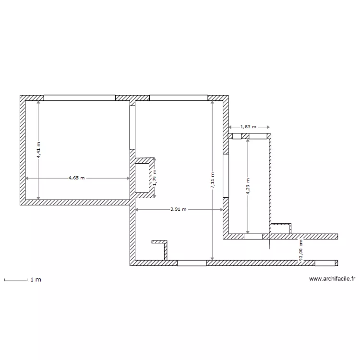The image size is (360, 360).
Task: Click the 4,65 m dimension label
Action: click(76, 178)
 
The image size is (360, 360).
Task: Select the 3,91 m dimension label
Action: click(179, 209)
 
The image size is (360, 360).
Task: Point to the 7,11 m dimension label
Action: click(213, 181)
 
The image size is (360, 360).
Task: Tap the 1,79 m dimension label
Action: click(155, 178)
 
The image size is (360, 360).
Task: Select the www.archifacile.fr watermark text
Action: click(332, 278)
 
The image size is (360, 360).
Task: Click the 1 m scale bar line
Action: click(15, 280)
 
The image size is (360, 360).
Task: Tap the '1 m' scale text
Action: click(36, 280)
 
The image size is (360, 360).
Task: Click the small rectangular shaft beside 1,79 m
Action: click(142, 178)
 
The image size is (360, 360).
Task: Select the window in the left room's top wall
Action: click(80, 97)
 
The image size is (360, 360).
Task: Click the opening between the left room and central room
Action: click(132, 127)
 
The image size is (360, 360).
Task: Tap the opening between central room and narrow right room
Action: click(226, 176)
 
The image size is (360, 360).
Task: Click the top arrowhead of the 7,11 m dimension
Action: click(213, 103)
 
